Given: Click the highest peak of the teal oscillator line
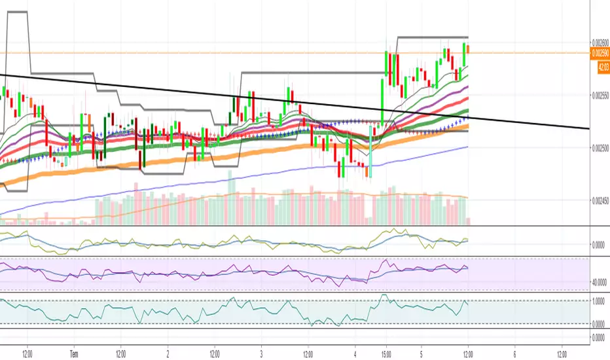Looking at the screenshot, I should pyautogui.click(x=384, y=296).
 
